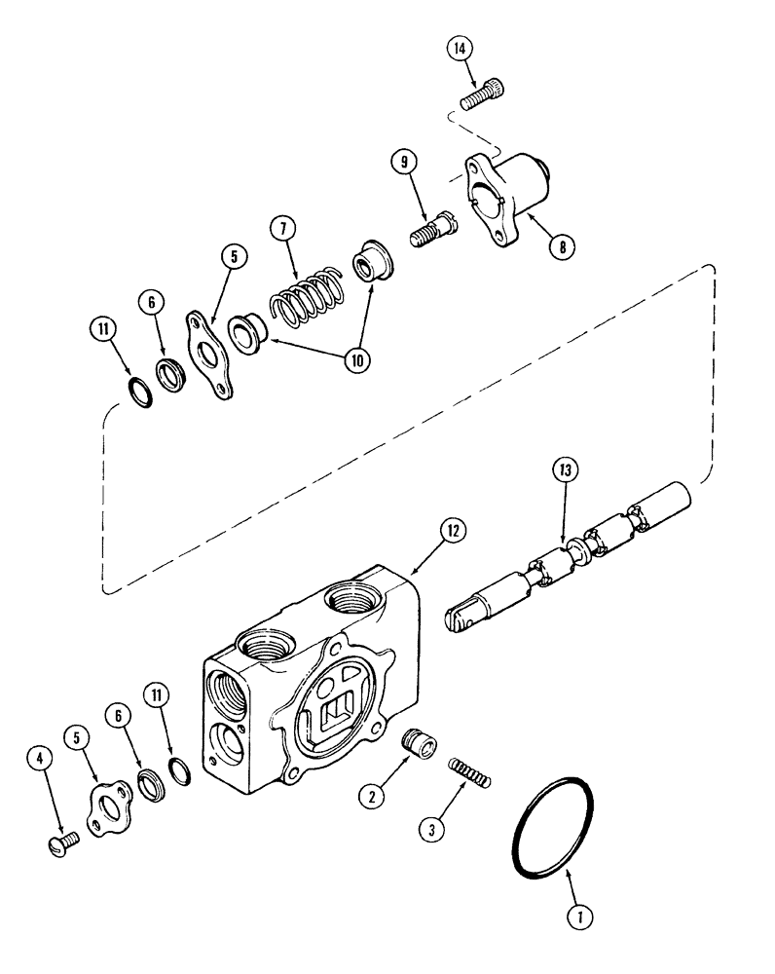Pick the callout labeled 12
[x=451, y=530]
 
